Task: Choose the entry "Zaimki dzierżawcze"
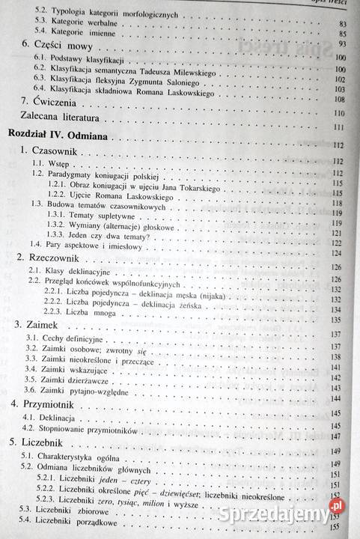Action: point(79,380)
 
